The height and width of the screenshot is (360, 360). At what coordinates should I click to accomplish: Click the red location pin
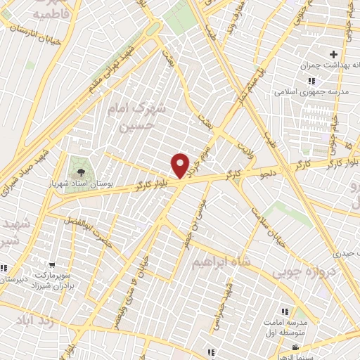click(181, 166)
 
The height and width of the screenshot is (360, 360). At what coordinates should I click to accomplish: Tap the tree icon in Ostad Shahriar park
click(82, 172)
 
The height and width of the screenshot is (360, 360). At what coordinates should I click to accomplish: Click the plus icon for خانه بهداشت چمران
click(333, 54)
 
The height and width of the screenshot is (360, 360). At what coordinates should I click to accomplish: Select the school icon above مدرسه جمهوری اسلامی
click(311, 81)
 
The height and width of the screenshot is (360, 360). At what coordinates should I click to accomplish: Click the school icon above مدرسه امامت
click(285, 311)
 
